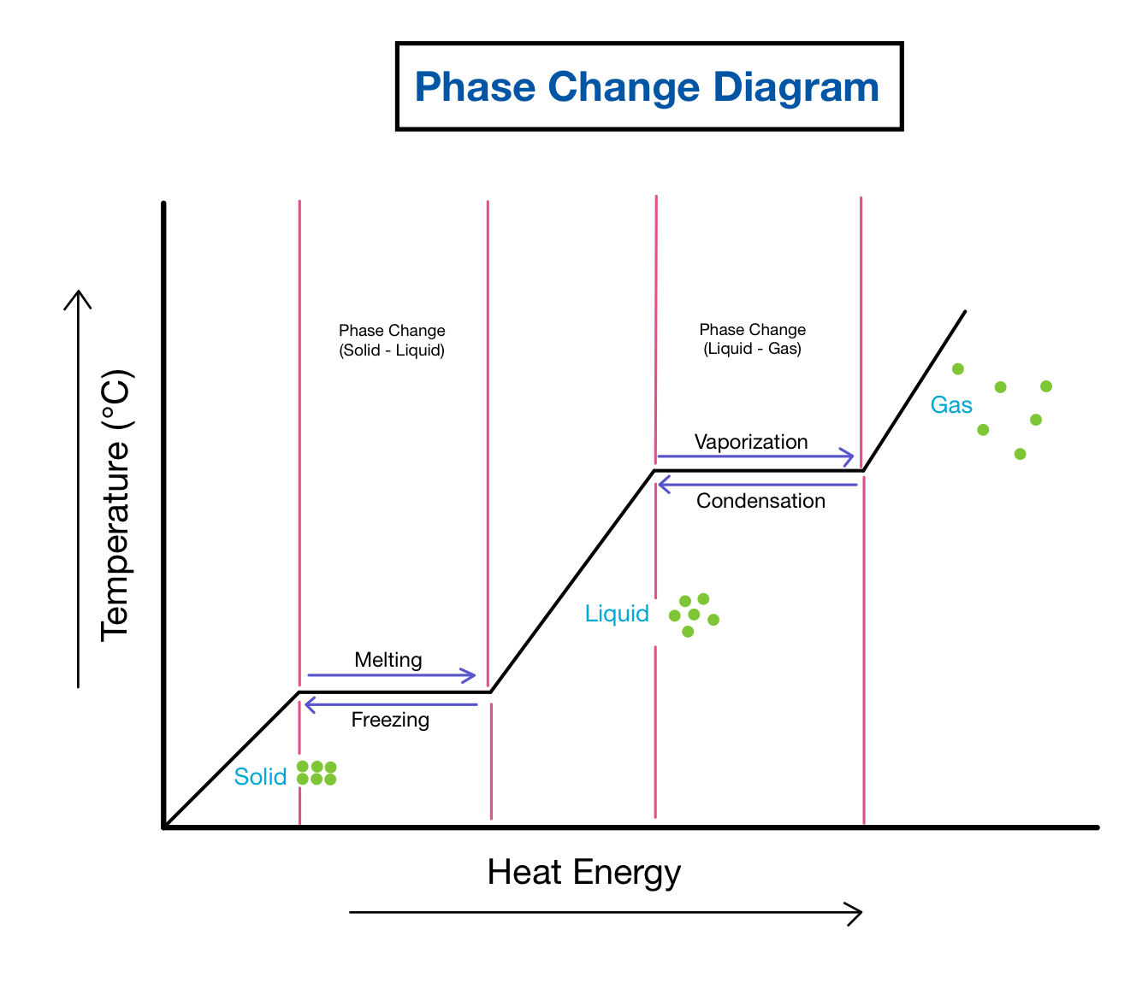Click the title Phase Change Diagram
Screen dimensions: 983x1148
[x=648, y=87]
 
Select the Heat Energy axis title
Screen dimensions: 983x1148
[x=584, y=873]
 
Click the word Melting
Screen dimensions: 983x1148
[x=388, y=660]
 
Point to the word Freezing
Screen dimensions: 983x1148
[x=390, y=720]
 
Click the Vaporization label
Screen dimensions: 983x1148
[x=751, y=442]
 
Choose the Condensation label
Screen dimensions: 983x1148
[x=760, y=501]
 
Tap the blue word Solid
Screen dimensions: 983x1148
[x=260, y=776]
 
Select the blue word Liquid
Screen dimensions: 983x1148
[x=617, y=614]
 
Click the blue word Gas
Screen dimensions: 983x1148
[x=951, y=405]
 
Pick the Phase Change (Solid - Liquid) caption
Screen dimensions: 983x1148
[x=392, y=340]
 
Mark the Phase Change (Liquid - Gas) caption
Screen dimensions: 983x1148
[x=753, y=339]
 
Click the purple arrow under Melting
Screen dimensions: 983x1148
[x=391, y=675]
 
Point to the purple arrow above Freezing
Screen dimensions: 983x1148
[x=391, y=704]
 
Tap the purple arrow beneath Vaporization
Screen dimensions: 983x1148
[x=754, y=456]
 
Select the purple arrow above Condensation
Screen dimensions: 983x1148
[x=757, y=486]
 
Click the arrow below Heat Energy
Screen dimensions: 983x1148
[x=606, y=913]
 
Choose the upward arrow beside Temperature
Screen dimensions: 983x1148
[x=78, y=487]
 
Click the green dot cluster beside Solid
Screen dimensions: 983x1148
[x=317, y=773]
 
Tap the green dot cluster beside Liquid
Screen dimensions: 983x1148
[x=694, y=615]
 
